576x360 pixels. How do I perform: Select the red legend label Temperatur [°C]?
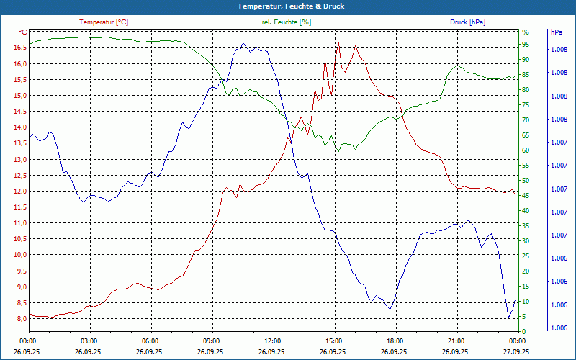tap(104, 22)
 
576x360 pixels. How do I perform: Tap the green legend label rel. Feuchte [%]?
tap(287, 22)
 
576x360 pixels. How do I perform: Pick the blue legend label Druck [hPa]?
tap(467, 22)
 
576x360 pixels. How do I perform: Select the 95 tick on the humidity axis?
tap(526, 44)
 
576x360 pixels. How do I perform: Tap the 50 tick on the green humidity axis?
tap(526, 180)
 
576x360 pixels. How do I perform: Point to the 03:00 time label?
tap(89, 341)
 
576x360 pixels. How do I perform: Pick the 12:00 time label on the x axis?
tap(272, 341)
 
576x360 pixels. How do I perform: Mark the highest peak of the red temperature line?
tap(338, 43)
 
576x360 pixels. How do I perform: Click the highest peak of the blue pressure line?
tap(243, 43)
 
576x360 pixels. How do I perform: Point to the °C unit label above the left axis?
tap(23, 32)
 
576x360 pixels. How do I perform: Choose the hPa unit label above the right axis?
tap(556, 32)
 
